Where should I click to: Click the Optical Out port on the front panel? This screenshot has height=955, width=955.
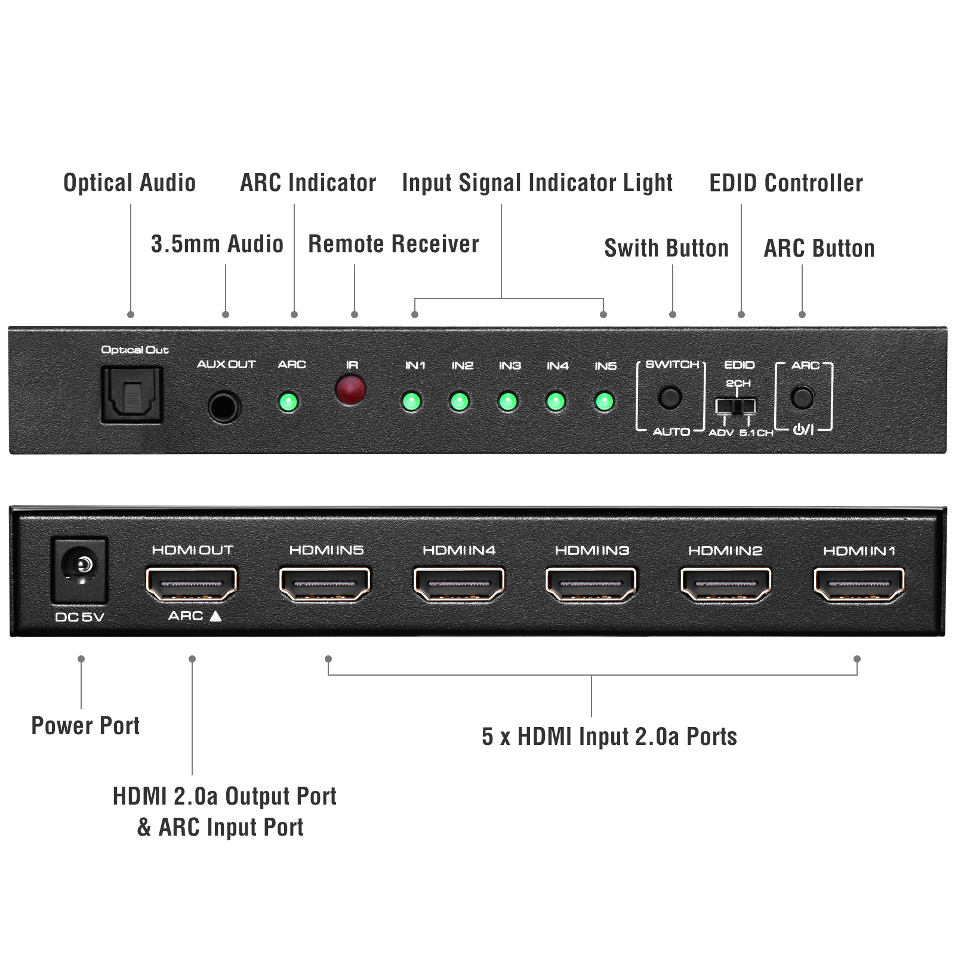point(132,395)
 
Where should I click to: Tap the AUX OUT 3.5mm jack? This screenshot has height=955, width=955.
point(224,407)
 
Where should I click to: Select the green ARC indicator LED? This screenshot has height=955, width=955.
point(288,402)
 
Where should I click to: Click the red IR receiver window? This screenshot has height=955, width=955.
point(350,390)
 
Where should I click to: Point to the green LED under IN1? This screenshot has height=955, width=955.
point(411,401)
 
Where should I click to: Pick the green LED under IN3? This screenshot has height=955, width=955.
point(508,401)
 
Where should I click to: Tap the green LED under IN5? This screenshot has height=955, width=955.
point(604,401)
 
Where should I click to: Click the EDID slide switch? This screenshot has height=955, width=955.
point(736,406)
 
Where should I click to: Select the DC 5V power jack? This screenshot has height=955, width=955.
point(79,570)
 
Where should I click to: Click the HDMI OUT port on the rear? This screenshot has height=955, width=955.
point(192,583)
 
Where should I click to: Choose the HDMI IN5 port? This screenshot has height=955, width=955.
point(325,583)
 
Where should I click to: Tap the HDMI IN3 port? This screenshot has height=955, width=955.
point(591,583)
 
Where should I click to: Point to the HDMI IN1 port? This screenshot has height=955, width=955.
point(859,583)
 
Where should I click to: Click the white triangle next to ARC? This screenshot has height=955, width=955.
point(215,616)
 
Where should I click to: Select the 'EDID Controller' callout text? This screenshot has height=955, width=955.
point(785,183)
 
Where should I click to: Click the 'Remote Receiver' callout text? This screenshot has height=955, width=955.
point(393,244)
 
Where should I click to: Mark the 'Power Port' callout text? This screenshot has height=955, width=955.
point(85,726)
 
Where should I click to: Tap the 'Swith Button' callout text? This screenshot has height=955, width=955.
point(667,248)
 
